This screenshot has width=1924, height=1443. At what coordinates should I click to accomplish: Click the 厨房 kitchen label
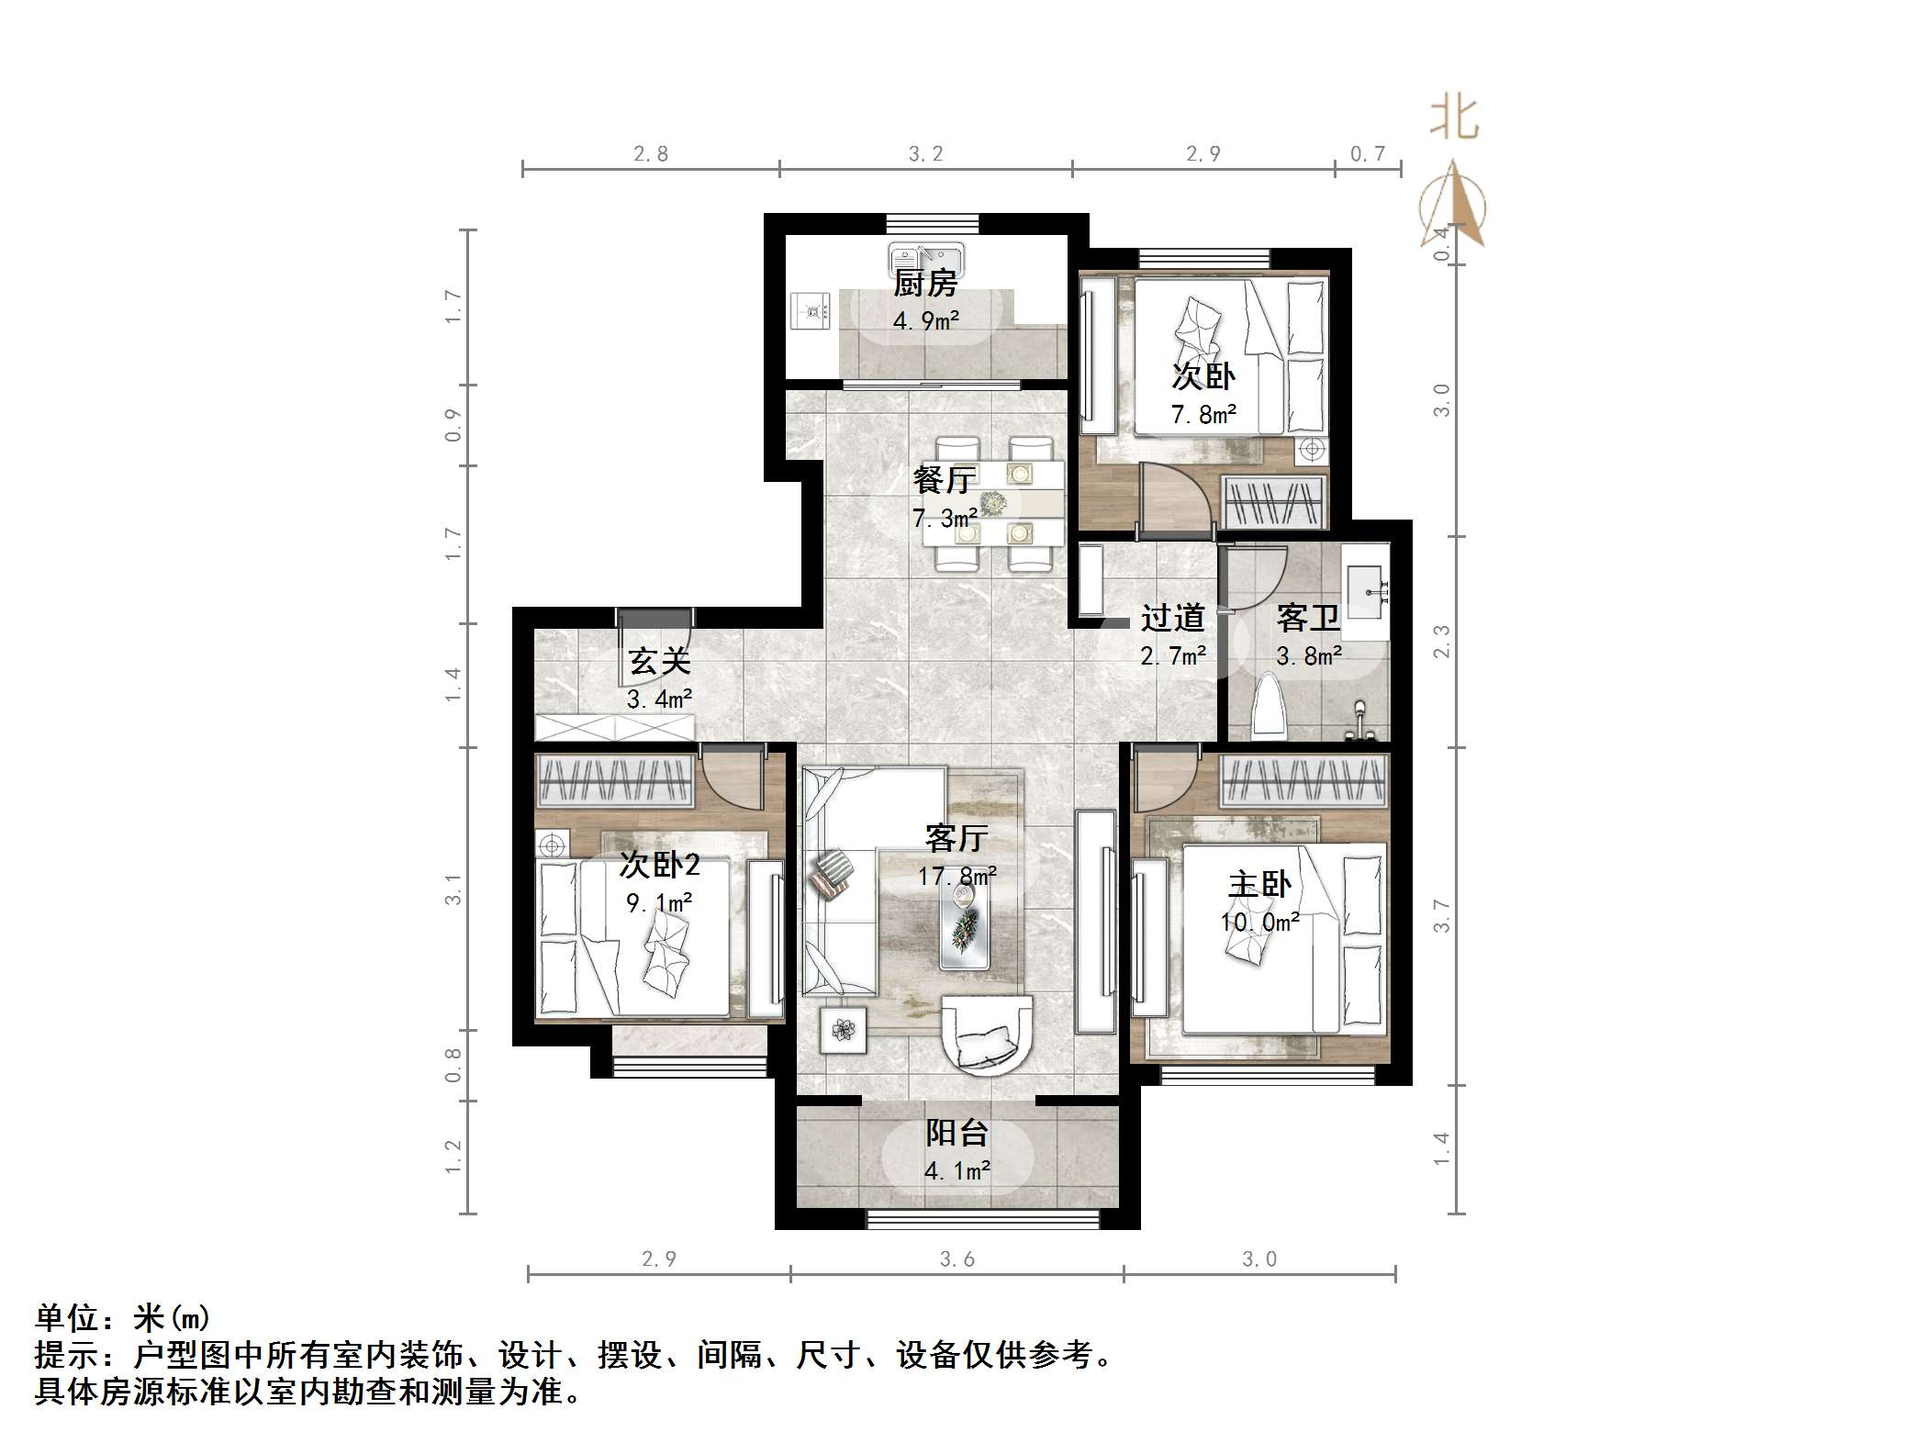point(925,283)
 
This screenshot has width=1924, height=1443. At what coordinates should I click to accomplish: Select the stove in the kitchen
point(811,309)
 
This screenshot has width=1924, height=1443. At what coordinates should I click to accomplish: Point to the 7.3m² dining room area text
point(945,519)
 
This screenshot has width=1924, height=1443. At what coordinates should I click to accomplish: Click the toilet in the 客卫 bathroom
point(1270,705)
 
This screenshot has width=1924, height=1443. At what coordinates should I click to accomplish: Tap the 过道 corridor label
point(1172,618)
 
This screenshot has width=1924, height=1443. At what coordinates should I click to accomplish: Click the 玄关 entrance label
point(659,661)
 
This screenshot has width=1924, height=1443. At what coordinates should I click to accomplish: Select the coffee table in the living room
point(965,928)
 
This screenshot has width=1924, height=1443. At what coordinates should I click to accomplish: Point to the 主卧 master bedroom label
point(1259,885)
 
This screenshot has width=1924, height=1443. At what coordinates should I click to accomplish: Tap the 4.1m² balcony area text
point(957,1171)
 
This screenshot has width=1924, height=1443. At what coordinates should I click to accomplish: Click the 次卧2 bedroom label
point(659,864)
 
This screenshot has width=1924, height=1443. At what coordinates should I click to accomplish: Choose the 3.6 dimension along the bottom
point(956,1259)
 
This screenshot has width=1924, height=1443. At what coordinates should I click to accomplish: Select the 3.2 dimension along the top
point(925,154)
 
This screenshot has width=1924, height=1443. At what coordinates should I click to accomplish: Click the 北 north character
point(1454,118)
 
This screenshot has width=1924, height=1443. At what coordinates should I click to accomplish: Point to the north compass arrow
point(1453,204)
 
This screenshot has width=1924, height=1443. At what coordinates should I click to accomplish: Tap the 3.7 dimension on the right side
point(1442,916)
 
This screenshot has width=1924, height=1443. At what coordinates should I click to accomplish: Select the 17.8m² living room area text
point(957,877)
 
